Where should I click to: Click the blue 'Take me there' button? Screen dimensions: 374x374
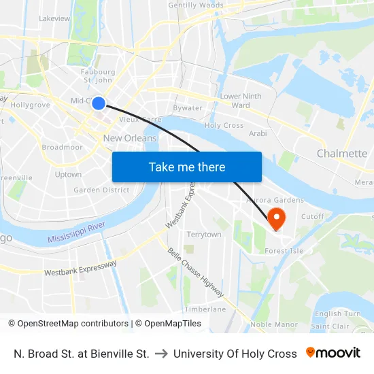tap(187, 167)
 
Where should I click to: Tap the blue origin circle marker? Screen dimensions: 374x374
tap(99, 103)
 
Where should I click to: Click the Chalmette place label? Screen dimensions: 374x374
tap(341, 154)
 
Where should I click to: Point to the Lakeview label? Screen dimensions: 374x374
tap(54, 18)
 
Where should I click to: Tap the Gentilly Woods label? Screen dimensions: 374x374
tap(195, 5)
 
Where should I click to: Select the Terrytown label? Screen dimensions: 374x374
tap(204, 235)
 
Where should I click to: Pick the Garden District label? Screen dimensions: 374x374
tap(101, 190)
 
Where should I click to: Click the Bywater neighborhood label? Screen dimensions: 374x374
tap(188, 108)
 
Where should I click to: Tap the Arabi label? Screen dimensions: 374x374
tap(258, 133)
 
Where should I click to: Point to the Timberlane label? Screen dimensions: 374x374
tap(205, 309)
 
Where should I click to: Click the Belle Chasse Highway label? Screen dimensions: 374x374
tap(196, 273)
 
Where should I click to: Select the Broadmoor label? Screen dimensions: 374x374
tap(62, 147)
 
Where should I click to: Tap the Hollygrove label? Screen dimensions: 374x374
tap(31, 105)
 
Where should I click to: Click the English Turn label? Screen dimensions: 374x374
tap(337, 314)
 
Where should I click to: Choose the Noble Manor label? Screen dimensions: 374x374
tap(274, 324)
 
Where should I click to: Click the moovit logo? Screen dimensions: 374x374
tap(333, 353)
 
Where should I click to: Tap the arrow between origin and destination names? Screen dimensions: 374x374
tap(161, 354)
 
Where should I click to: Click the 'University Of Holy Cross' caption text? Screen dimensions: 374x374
tap(235, 354)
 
